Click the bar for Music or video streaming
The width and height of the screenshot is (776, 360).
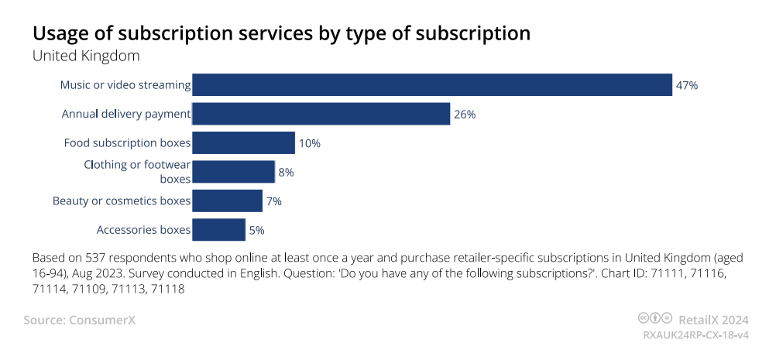431,85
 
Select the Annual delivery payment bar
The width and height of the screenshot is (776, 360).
321,114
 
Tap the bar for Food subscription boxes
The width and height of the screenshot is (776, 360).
243,143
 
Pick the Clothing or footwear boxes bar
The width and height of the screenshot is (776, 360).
233,172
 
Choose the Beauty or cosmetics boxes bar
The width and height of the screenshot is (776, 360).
227,201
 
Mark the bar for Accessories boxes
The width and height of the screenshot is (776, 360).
218,230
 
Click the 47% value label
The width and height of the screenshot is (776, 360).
687,85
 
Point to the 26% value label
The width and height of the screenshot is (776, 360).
465,114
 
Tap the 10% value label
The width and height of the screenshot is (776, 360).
310,143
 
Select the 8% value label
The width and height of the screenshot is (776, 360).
286,172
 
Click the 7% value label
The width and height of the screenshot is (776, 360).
273,201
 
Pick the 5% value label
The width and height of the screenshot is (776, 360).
257,230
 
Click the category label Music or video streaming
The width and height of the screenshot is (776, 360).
125,85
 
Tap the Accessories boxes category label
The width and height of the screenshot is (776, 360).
143,230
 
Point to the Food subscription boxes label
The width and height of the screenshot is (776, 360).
127,143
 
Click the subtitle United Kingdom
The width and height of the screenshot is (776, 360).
85,56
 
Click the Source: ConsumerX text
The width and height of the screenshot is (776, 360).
79,319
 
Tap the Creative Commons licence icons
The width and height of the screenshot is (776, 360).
654,318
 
